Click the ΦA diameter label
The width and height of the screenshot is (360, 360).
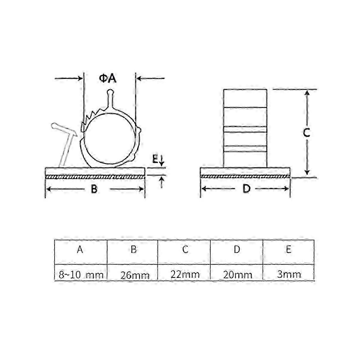click(108, 79)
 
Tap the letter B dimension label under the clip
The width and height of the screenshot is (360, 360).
click(94, 189)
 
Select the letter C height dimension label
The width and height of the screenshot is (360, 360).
click(307, 133)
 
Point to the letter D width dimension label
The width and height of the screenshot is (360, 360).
click(246, 189)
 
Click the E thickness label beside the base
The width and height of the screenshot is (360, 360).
click(155, 159)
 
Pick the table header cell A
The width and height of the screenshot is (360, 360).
click(80, 249)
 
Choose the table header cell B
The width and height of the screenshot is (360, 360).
click(133, 249)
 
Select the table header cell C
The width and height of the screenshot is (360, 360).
click(185, 249)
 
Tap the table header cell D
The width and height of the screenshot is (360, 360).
click(237, 249)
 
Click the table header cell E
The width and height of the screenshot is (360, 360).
click(289, 249)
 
